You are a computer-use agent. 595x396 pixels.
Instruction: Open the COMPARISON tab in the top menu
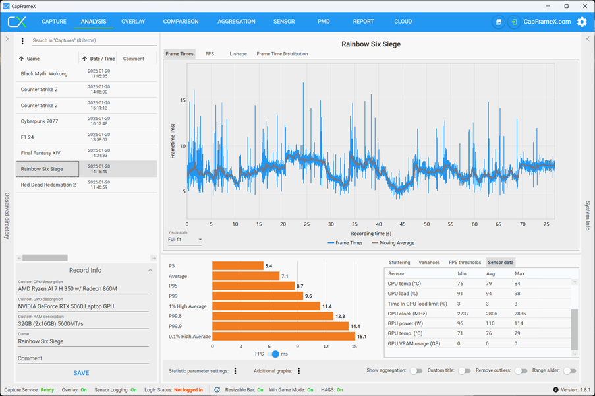point(181,22)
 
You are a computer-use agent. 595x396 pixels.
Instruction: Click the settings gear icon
point(582,22)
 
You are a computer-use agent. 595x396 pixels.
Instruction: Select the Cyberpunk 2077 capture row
point(86,121)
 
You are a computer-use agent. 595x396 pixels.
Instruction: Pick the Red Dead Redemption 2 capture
point(86,185)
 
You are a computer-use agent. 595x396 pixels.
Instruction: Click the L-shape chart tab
point(238,54)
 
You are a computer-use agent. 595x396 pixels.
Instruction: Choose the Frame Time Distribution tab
point(282,54)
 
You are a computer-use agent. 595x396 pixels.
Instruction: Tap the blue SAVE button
point(81,373)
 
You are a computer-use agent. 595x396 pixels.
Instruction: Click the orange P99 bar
point(258,296)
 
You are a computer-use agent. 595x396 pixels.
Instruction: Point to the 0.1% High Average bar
point(284,337)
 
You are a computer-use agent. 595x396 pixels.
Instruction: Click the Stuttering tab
point(399,263)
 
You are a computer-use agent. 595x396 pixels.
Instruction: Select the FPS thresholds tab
point(465,263)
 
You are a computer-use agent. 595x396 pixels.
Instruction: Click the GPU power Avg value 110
point(490,323)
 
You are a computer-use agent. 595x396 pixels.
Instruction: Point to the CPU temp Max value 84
point(517,284)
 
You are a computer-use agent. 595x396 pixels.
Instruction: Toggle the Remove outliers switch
point(521,370)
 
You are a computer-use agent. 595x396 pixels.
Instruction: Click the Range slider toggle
point(569,370)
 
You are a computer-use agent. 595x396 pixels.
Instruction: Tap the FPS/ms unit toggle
point(273,354)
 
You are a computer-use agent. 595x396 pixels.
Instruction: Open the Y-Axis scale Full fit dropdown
point(184,240)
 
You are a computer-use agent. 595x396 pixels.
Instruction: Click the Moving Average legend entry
point(393,243)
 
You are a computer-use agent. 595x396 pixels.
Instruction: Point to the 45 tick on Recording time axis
point(402,224)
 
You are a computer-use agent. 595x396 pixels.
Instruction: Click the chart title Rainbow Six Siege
point(371,44)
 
